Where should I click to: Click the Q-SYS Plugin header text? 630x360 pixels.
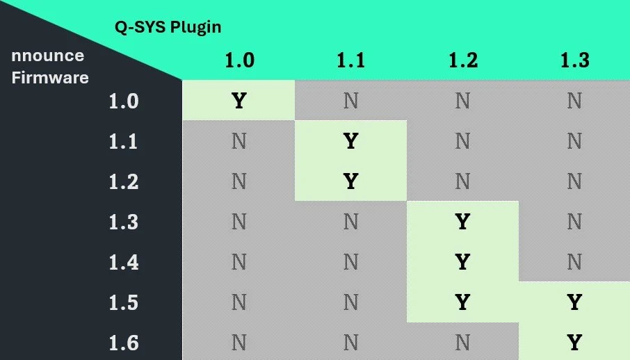click(168, 28)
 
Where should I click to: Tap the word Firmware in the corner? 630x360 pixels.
click(50, 77)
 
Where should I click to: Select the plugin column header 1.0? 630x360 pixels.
click(239, 60)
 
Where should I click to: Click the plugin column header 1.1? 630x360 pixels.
click(350, 60)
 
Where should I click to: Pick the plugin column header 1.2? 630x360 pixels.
click(462, 60)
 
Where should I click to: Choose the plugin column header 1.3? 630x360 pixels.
click(574, 60)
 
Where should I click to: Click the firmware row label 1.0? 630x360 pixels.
click(124, 101)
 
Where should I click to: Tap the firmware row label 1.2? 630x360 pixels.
click(124, 182)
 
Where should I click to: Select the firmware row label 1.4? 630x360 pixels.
click(124, 263)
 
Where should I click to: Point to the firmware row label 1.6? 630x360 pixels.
click(124, 343)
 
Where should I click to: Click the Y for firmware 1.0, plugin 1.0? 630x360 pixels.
click(239, 101)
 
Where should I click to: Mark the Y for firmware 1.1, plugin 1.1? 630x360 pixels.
click(350, 142)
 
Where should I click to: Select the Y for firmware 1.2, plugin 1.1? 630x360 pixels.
click(350, 182)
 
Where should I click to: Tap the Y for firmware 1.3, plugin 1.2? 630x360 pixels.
click(462, 222)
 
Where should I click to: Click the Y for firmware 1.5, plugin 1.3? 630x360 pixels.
click(574, 303)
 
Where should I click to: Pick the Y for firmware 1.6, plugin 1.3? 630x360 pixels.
click(574, 343)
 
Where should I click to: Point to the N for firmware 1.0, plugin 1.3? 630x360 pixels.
click(574, 101)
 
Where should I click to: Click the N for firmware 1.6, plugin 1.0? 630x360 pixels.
click(239, 343)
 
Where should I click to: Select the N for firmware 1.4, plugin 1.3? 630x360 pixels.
click(574, 263)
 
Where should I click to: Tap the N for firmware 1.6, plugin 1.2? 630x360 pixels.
click(462, 343)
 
